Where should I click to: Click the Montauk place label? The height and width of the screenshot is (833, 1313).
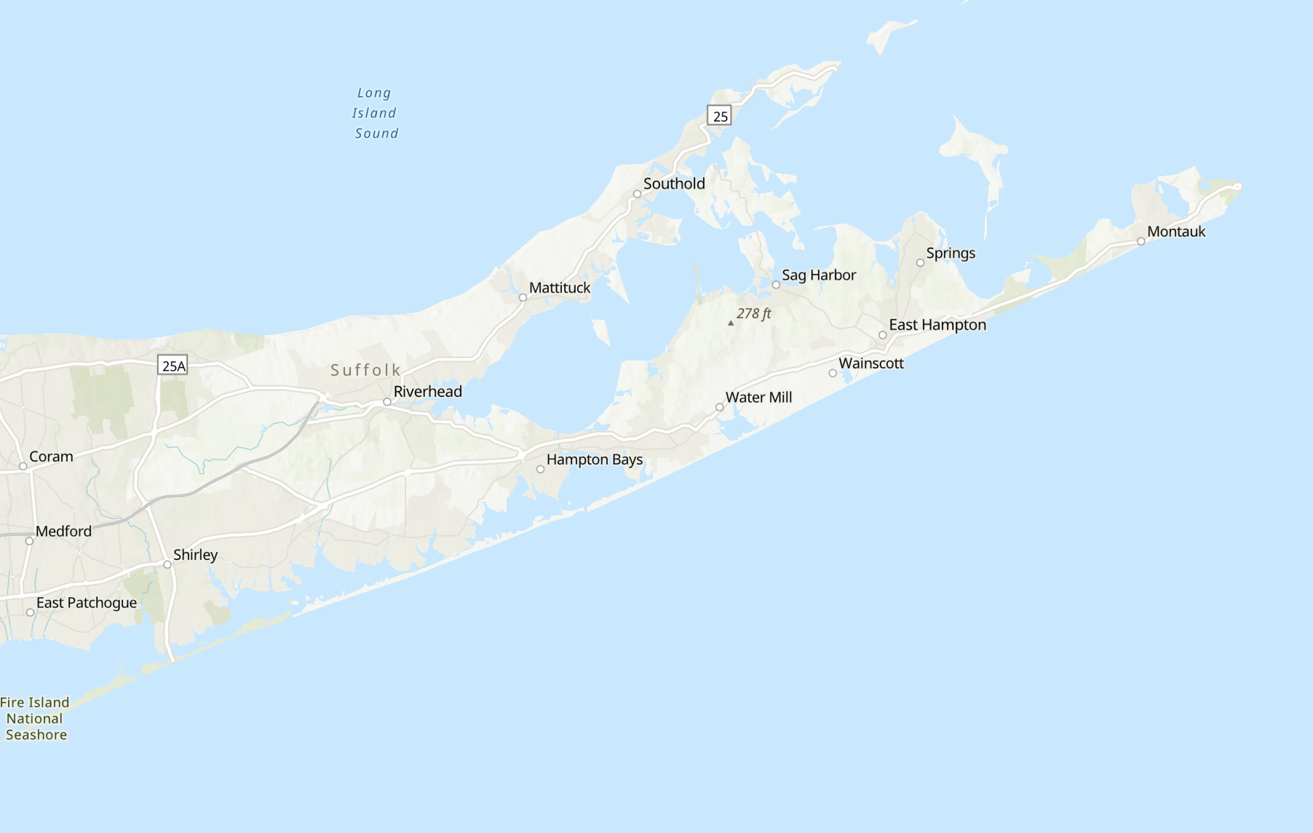click(x=1176, y=232)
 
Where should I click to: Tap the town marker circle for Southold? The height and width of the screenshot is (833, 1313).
click(x=637, y=194)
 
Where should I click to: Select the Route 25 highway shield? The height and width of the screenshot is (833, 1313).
click(x=719, y=116)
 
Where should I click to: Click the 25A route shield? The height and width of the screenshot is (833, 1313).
click(x=172, y=366)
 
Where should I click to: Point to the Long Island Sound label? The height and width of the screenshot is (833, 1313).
click(x=376, y=113)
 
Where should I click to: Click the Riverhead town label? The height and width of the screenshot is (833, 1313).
click(x=427, y=392)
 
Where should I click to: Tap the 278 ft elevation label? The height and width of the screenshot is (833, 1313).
click(x=753, y=314)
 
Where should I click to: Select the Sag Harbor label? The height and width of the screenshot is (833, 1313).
click(x=819, y=275)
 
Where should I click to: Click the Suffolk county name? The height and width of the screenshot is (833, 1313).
click(x=365, y=370)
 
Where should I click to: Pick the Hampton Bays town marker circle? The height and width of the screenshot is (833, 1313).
click(x=540, y=470)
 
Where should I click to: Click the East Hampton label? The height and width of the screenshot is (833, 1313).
click(x=937, y=325)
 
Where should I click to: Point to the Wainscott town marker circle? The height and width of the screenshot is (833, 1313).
click(x=833, y=374)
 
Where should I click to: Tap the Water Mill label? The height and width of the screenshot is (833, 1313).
click(x=758, y=398)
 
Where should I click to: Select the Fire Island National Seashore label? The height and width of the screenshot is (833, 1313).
click(x=35, y=719)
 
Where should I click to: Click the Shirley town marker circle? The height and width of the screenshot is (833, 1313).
click(x=167, y=565)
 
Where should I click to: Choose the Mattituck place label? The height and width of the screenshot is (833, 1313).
click(x=560, y=288)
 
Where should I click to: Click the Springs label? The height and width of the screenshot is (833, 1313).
click(x=951, y=253)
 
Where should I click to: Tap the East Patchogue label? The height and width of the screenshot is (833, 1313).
click(x=87, y=603)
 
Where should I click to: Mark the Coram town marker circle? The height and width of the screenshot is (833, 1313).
click(x=23, y=467)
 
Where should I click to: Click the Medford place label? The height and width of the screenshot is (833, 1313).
click(x=63, y=532)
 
